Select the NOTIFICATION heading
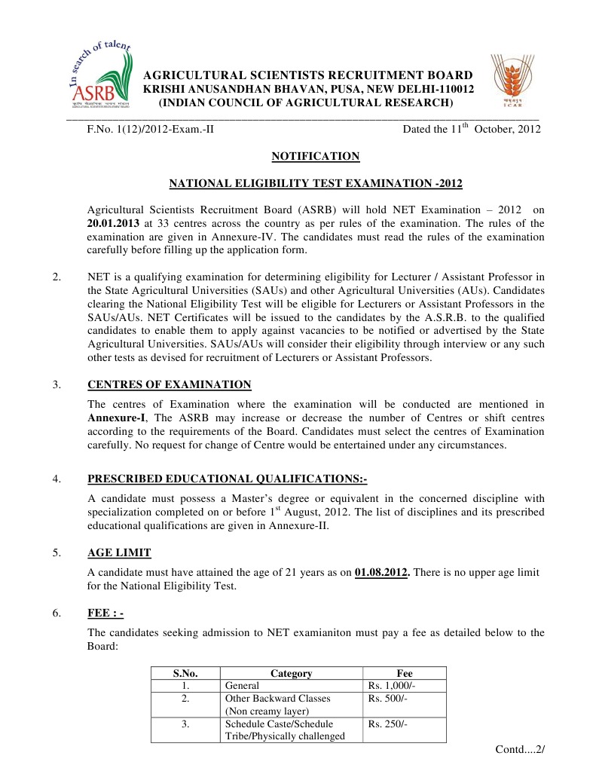(315, 156)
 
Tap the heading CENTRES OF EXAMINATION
(170, 384)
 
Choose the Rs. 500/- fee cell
(387, 699)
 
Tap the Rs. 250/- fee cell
(387, 724)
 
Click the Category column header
(291, 673)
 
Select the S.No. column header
(185, 673)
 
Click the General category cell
(242, 686)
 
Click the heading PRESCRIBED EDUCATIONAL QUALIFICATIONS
(227, 479)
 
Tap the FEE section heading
(105, 613)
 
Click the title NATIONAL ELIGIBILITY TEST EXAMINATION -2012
(315, 183)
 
